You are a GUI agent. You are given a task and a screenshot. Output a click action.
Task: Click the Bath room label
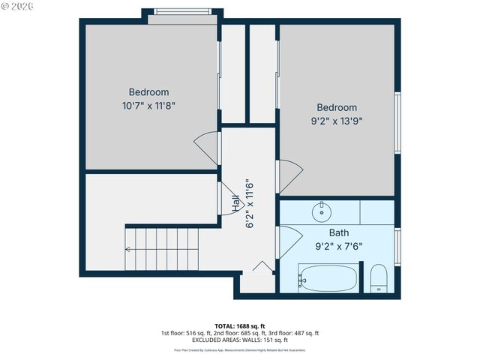point(338,232)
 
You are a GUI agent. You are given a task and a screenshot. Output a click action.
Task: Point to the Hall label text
point(235,202)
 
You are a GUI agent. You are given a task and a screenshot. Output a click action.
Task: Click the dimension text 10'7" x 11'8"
point(152,106)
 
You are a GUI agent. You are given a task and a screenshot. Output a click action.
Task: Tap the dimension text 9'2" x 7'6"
point(338,245)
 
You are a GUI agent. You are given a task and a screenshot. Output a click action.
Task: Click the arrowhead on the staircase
point(128,249)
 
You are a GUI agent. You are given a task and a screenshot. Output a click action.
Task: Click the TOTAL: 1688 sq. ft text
point(239,325)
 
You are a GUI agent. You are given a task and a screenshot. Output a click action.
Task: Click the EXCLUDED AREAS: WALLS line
point(240,340)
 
